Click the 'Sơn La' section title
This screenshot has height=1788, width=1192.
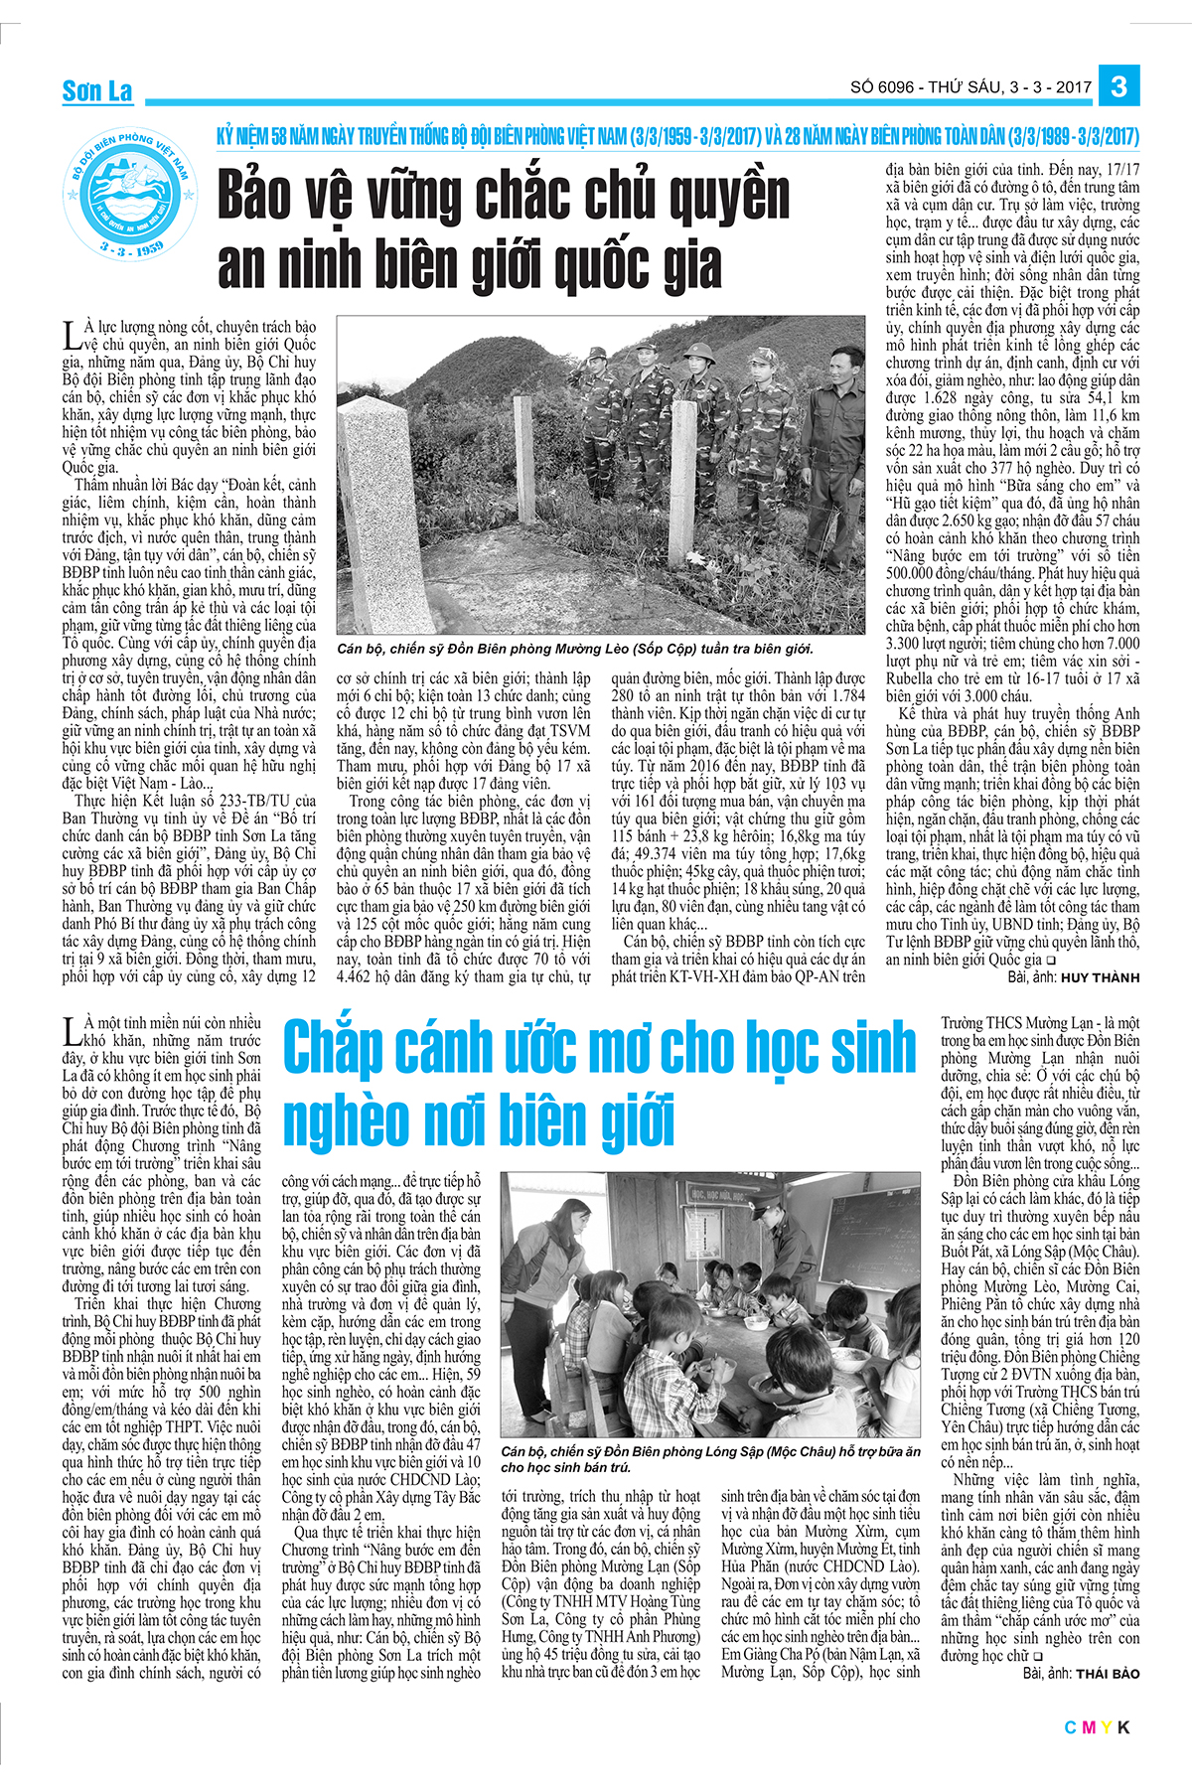point(96,92)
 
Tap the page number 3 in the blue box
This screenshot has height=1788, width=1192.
point(1118,86)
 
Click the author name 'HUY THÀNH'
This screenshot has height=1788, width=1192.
point(1101,977)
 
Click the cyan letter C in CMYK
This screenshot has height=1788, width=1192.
point(1070,1727)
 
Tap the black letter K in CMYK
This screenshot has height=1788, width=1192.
point(1123,1727)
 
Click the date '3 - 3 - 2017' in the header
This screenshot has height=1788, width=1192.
point(1047,87)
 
